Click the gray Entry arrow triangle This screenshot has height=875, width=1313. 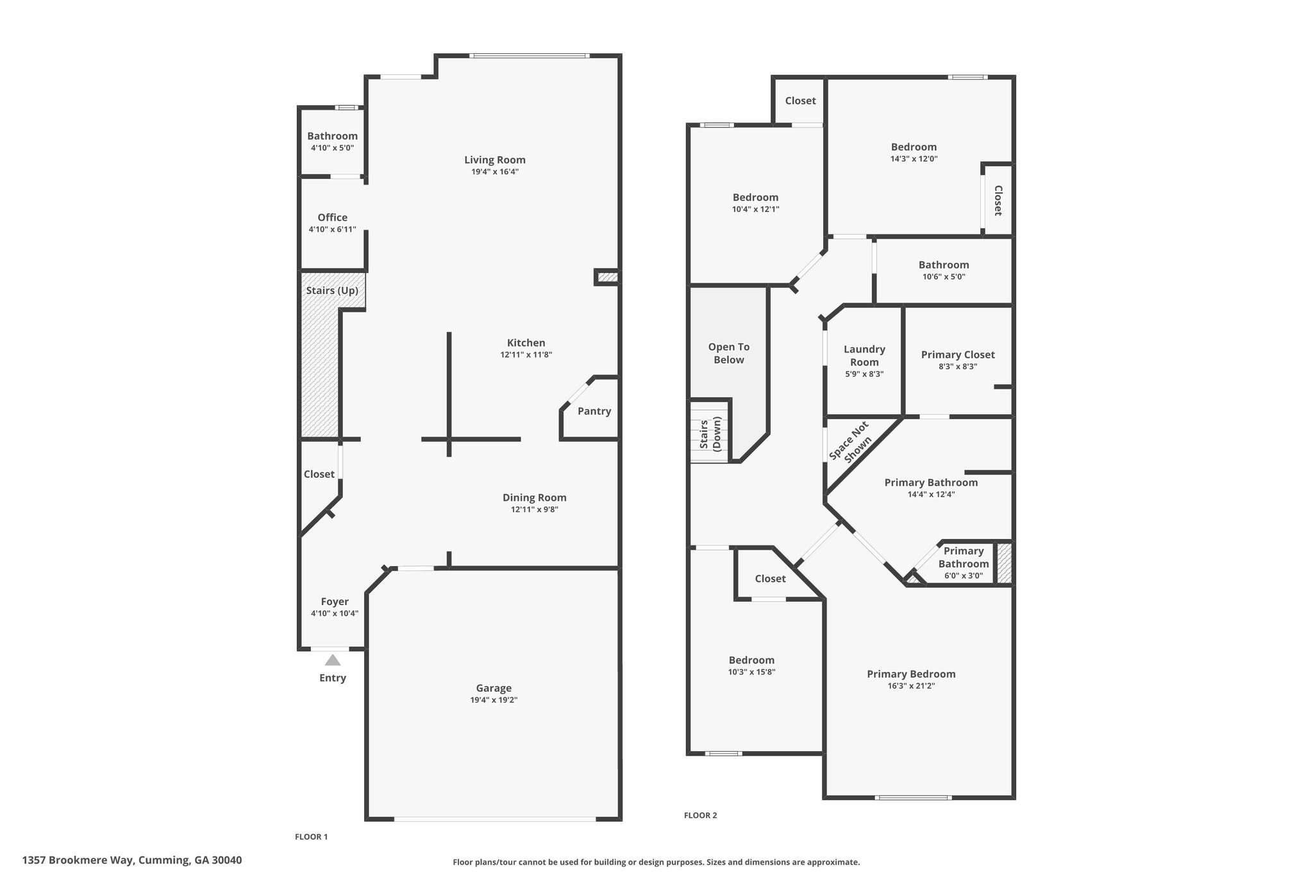(x=332, y=660)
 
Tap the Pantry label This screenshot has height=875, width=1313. (x=594, y=411)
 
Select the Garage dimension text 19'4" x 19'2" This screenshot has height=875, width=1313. (x=494, y=700)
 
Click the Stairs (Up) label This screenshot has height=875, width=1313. (x=332, y=290)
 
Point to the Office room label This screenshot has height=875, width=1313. (x=332, y=217)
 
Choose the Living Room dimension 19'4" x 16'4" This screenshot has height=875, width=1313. (x=494, y=172)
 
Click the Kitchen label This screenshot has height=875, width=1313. (x=526, y=343)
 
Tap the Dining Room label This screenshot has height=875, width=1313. (x=534, y=497)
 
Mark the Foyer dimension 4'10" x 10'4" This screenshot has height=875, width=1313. (x=334, y=613)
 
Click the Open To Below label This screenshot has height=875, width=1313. (x=729, y=353)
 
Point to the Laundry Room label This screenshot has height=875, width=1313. (x=864, y=356)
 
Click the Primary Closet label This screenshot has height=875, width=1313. (x=958, y=354)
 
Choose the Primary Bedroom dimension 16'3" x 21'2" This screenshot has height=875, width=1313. (x=911, y=686)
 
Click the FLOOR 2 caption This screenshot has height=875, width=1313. (x=700, y=815)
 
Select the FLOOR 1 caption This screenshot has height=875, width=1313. (x=311, y=837)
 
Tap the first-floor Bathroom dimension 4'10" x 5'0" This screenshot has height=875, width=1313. (x=332, y=148)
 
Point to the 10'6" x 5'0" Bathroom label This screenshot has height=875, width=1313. (x=944, y=265)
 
